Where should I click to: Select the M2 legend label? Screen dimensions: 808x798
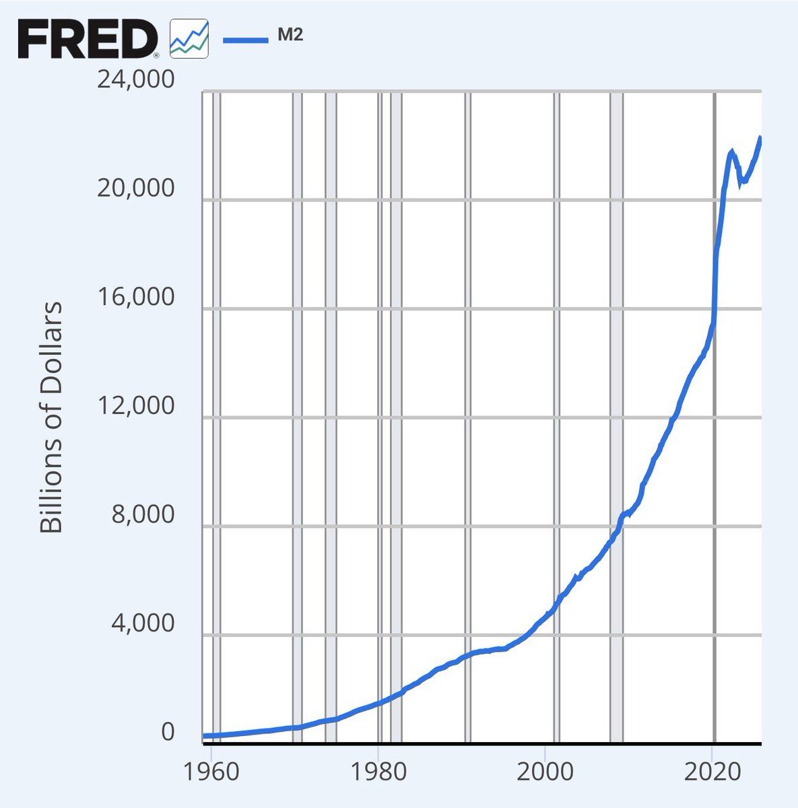tap(290, 36)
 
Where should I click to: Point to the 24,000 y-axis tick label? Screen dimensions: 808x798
tap(135, 79)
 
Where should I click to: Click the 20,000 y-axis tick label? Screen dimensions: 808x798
tap(135, 189)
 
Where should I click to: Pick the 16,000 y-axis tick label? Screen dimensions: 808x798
tap(135, 298)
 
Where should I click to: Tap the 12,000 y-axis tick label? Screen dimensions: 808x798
tap(135, 407)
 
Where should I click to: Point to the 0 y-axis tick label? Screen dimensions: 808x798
tap(167, 733)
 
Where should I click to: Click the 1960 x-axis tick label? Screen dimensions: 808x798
tap(211, 772)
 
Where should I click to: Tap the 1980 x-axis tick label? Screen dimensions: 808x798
tap(378, 772)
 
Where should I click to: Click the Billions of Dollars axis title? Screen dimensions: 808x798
tap(51, 417)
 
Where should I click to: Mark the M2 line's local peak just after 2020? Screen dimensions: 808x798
tap(732, 152)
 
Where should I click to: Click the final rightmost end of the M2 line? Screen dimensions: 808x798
tap(760, 138)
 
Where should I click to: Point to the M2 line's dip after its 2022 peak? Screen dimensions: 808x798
tap(741, 182)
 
